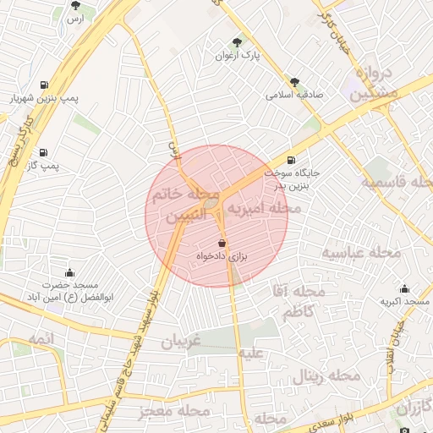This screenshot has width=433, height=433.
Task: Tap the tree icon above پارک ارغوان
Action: [x=238, y=42]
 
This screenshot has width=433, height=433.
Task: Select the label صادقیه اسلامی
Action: [x=295, y=96]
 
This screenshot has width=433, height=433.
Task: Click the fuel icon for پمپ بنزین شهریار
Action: [x=44, y=85]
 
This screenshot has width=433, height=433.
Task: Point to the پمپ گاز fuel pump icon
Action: [x=44, y=150]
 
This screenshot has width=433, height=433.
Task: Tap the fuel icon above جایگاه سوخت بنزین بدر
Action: [x=292, y=160]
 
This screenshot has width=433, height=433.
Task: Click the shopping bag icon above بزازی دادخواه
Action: [x=222, y=243]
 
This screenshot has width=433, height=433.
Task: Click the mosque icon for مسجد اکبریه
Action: [x=404, y=288]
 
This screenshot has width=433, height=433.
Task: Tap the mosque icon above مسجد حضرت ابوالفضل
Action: [x=69, y=272]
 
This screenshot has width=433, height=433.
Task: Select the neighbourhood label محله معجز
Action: [x=175, y=411]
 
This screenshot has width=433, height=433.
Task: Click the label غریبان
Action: [x=181, y=342]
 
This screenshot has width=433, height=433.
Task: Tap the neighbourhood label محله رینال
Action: [x=326, y=375]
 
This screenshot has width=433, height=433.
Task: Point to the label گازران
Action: [x=414, y=408]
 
